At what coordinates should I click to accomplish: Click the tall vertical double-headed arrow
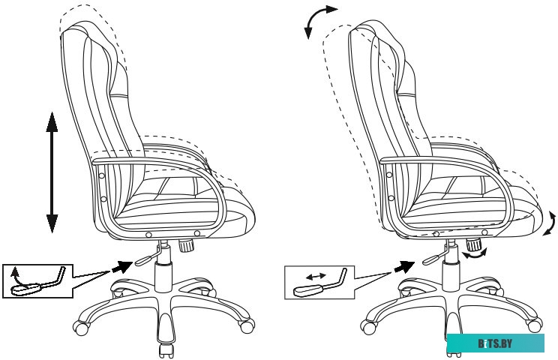click(52, 172)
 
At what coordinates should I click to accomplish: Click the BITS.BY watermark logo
click(495, 343)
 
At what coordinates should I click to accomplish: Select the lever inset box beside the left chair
click(37, 281)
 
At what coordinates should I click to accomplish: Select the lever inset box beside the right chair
click(319, 283)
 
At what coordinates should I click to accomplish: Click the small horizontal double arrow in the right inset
click(316, 276)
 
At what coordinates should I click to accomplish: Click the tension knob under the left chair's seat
click(186, 245)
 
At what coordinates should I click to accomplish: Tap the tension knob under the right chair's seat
click(474, 244)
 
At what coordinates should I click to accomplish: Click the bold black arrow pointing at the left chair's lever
click(122, 266)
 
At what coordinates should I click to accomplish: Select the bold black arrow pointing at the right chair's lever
click(404, 266)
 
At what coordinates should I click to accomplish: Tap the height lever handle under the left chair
click(142, 261)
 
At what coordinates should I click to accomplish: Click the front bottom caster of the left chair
click(166, 350)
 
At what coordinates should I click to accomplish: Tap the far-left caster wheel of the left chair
click(80, 328)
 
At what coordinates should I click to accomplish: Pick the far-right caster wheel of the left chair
click(247, 325)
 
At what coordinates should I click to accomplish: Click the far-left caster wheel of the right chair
click(368, 327)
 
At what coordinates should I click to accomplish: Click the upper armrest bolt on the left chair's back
click(101, 175)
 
